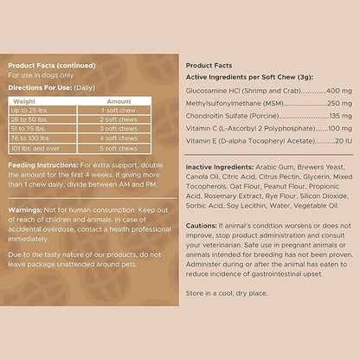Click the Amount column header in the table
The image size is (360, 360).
pos(119,101)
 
